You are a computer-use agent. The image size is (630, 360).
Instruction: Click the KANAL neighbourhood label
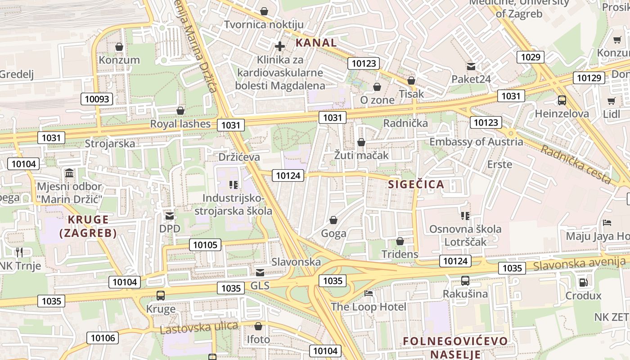316,43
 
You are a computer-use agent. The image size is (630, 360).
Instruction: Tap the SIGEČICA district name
416,184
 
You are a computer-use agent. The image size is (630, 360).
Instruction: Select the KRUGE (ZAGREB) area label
88,226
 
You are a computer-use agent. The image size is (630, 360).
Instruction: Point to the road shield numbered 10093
97,99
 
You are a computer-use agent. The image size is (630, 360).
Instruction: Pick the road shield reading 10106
103,338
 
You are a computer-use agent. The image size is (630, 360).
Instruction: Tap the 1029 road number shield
531,57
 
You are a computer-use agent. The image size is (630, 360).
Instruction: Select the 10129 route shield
589,78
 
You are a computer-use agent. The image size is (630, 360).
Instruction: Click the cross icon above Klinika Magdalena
280,46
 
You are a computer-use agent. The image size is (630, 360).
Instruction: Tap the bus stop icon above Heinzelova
562,100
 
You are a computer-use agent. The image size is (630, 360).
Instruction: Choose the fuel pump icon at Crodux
583,283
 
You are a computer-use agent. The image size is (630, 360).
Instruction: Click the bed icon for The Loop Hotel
369,293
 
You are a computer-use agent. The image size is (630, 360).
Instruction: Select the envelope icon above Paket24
471,67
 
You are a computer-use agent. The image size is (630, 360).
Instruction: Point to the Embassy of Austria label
476,142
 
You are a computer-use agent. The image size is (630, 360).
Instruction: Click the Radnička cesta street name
576,164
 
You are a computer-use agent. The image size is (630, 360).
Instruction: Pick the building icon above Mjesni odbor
69,173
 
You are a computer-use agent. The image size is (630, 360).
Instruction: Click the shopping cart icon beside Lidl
611,101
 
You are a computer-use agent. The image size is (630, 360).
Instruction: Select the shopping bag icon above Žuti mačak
361,143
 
